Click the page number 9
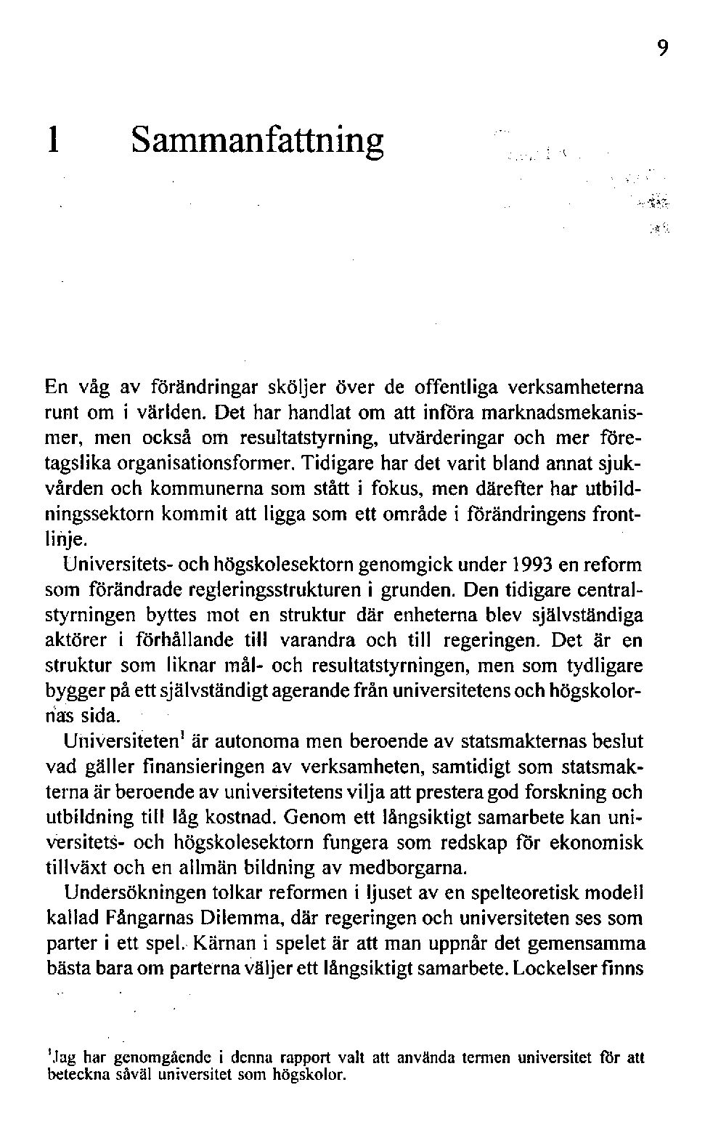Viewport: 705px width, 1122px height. pyautogui.click(x=662, y=49)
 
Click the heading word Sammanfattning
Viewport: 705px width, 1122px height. pyautogui.click(x=257, y=140)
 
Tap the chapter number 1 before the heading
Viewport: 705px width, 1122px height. pyautogui.click(x=52, y=139)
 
